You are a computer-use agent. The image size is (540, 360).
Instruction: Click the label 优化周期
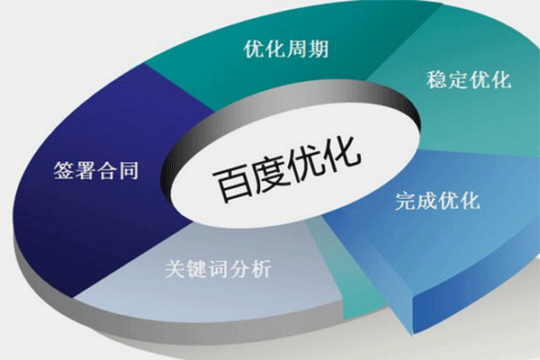pyautogui.click(x=285, y=48)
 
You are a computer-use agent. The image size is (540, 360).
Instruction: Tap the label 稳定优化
pyautogui.click(x=468, y=81)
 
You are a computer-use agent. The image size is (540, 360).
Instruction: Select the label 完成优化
pyautogui.click(x=437, y=198)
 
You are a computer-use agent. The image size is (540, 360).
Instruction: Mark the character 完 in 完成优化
pyautogui.click(x=406, y=198)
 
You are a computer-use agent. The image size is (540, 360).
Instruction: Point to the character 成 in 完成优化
pyautogui.click(x=427, y=198)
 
